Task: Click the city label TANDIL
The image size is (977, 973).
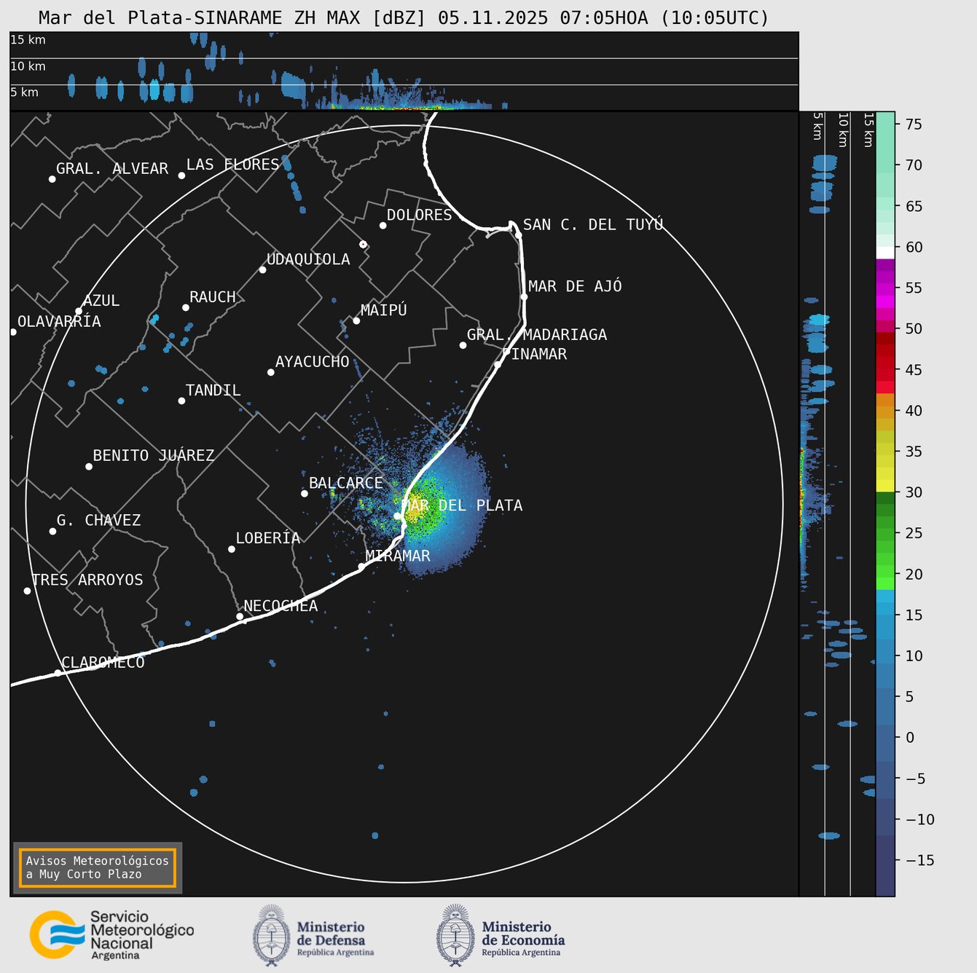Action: click(213, 390)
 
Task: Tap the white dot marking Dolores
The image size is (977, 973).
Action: click(382, 225)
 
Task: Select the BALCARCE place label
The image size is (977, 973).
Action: click(345, 483)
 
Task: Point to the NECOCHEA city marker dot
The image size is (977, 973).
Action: click(240, 616)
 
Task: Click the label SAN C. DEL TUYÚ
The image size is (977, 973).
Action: click(593, 224)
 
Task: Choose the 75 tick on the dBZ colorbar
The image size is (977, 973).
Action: click(913, 125)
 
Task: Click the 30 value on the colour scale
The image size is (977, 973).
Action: click(913, 492)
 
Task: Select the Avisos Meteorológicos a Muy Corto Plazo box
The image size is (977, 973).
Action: click(98, 867)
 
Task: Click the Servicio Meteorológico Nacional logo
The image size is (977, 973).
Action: click(111, 935)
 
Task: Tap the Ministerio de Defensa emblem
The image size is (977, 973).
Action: click(271, 935)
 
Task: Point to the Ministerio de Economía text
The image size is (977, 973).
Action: click(522, 937)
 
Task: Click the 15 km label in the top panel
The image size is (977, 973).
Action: click(28, 40)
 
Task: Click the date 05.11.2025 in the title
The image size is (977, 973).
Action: click(493, 17)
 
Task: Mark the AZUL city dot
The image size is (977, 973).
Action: click(79, 311)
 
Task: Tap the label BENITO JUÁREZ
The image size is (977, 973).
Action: click(154, 455)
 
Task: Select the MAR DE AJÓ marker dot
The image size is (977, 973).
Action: click(524, 296)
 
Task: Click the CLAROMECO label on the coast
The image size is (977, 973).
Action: click(103, 662)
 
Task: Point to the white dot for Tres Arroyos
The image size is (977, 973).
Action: click(27, 591)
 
